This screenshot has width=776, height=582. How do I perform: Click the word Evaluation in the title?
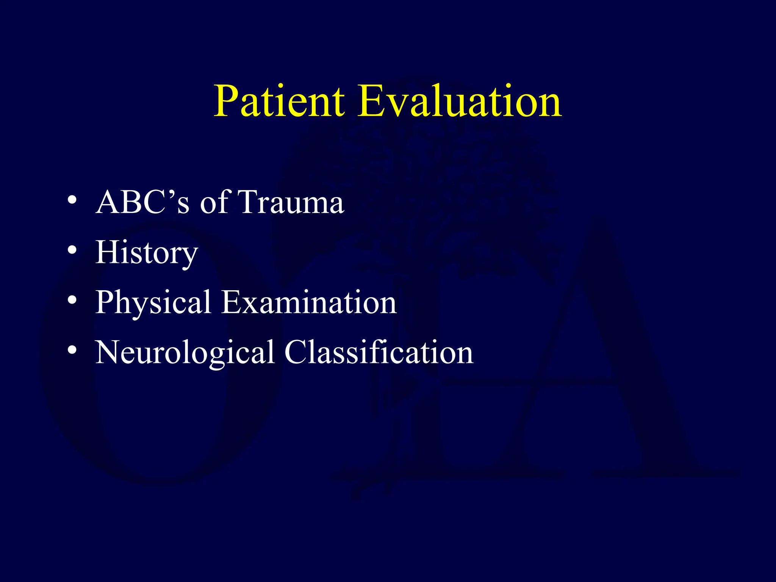tap(459, 101)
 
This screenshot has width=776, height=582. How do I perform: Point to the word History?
tap(147, 253)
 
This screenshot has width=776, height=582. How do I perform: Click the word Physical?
tap(153, 303)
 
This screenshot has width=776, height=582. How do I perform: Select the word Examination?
tap(309, 303)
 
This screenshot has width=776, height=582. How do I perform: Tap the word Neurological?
tap(185, 353)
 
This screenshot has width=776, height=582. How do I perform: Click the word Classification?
tap(379, 353)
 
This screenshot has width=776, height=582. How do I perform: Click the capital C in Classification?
tap(297, 352)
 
